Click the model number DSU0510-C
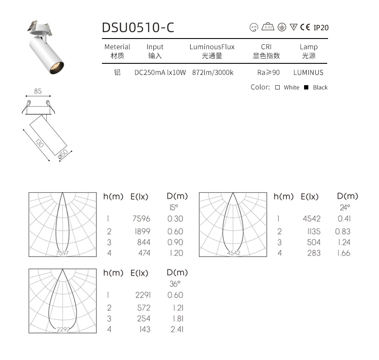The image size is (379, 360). pyautogui.click(x=138, y=27)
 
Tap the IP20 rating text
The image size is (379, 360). pyautogui.click(x=321, y=28)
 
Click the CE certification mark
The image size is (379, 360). pyautogui.click(x=305, y=27)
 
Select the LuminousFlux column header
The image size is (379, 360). pyautogui.click(x=212, y=47)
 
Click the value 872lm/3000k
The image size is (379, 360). pyautogui.click(x=213, y=73)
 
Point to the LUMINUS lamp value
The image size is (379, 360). pyautogui.click(x=308, y=73)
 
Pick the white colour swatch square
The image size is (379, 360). pyautogui.click(x=278, y=87)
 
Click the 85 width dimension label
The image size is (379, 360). pyautogui.click(x=38, y=91)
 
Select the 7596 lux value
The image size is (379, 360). pyautogui.click(x=142, y=219)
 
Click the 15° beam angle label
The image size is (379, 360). pyautogui.click(x=173, y=207)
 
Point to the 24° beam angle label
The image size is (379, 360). pyautogui.click(x=345, y=207)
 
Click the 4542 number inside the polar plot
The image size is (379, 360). pyautogui.click(x=233, y=253)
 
